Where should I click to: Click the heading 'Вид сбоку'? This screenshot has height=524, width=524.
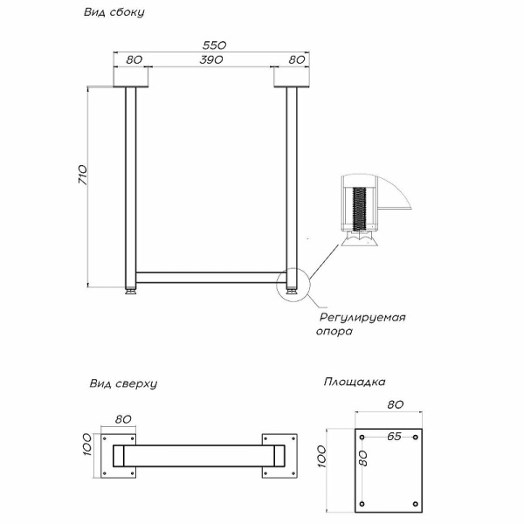[x=114, y=14]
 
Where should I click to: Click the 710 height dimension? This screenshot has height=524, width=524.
[x=81, y=175]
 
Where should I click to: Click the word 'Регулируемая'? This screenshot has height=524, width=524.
[x=362, y=317]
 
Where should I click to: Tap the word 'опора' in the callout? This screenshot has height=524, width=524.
[x=334, y=332]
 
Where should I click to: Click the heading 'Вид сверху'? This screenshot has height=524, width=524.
[x=123, y=383]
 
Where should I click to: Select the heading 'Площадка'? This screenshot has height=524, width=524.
[x=354, y=382]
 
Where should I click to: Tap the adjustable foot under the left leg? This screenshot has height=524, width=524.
[x=132, y=291]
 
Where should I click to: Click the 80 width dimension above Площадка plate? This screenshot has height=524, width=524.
[x=394, y=405]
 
